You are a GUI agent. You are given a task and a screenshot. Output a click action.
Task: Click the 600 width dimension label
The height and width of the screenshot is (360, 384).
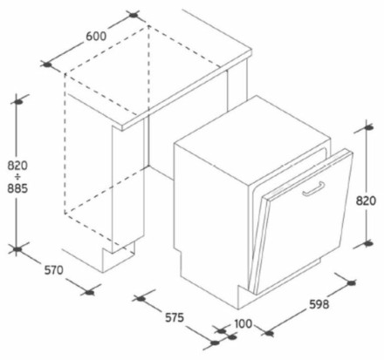(x=96, y=37)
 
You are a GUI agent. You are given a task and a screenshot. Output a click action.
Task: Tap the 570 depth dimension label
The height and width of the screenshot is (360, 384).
(x=53, y=270)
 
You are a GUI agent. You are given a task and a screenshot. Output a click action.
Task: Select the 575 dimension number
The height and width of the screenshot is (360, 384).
(x=175, y=317)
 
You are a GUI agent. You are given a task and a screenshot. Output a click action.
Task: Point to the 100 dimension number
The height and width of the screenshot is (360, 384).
(x=243, y=323)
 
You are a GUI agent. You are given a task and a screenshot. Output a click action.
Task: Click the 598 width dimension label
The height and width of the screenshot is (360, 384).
(x=319, y=304)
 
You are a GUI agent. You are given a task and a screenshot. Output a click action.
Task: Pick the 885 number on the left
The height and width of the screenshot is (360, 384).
(x=17, y=188)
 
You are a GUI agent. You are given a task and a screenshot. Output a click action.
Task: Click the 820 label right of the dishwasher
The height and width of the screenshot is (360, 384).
(x=366, y=200)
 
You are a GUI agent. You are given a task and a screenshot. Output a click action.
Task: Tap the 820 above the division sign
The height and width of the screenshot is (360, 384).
(x=17, y=166)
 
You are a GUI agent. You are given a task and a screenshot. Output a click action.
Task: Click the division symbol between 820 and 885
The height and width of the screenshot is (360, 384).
(x=17, y=177)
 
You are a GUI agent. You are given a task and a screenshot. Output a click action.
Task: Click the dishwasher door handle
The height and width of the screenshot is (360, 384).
(x=313, y=189)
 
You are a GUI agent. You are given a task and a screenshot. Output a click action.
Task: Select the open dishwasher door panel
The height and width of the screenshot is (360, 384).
(x=303, y=222)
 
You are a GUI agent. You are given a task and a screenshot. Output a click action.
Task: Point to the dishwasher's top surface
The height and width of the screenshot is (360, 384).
(x=252, y=139)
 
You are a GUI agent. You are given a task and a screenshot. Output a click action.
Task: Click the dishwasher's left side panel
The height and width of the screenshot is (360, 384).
(x=211, y=224)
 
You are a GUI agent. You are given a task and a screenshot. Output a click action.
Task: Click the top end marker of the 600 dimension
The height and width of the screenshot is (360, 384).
(x=134, y=15)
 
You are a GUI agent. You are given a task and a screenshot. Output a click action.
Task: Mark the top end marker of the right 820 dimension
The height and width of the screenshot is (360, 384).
(x=368, y=127)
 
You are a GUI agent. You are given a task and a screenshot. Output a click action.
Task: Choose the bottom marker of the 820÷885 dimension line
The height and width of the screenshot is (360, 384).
(x=17, y=249)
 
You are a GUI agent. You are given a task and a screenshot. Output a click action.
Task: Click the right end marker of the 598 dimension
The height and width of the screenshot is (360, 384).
(x=351, y=282)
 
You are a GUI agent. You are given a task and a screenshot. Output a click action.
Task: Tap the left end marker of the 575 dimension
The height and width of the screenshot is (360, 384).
(x=141, y=298)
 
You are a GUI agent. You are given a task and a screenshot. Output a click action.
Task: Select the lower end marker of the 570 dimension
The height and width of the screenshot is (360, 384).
(x=90, y=292)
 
